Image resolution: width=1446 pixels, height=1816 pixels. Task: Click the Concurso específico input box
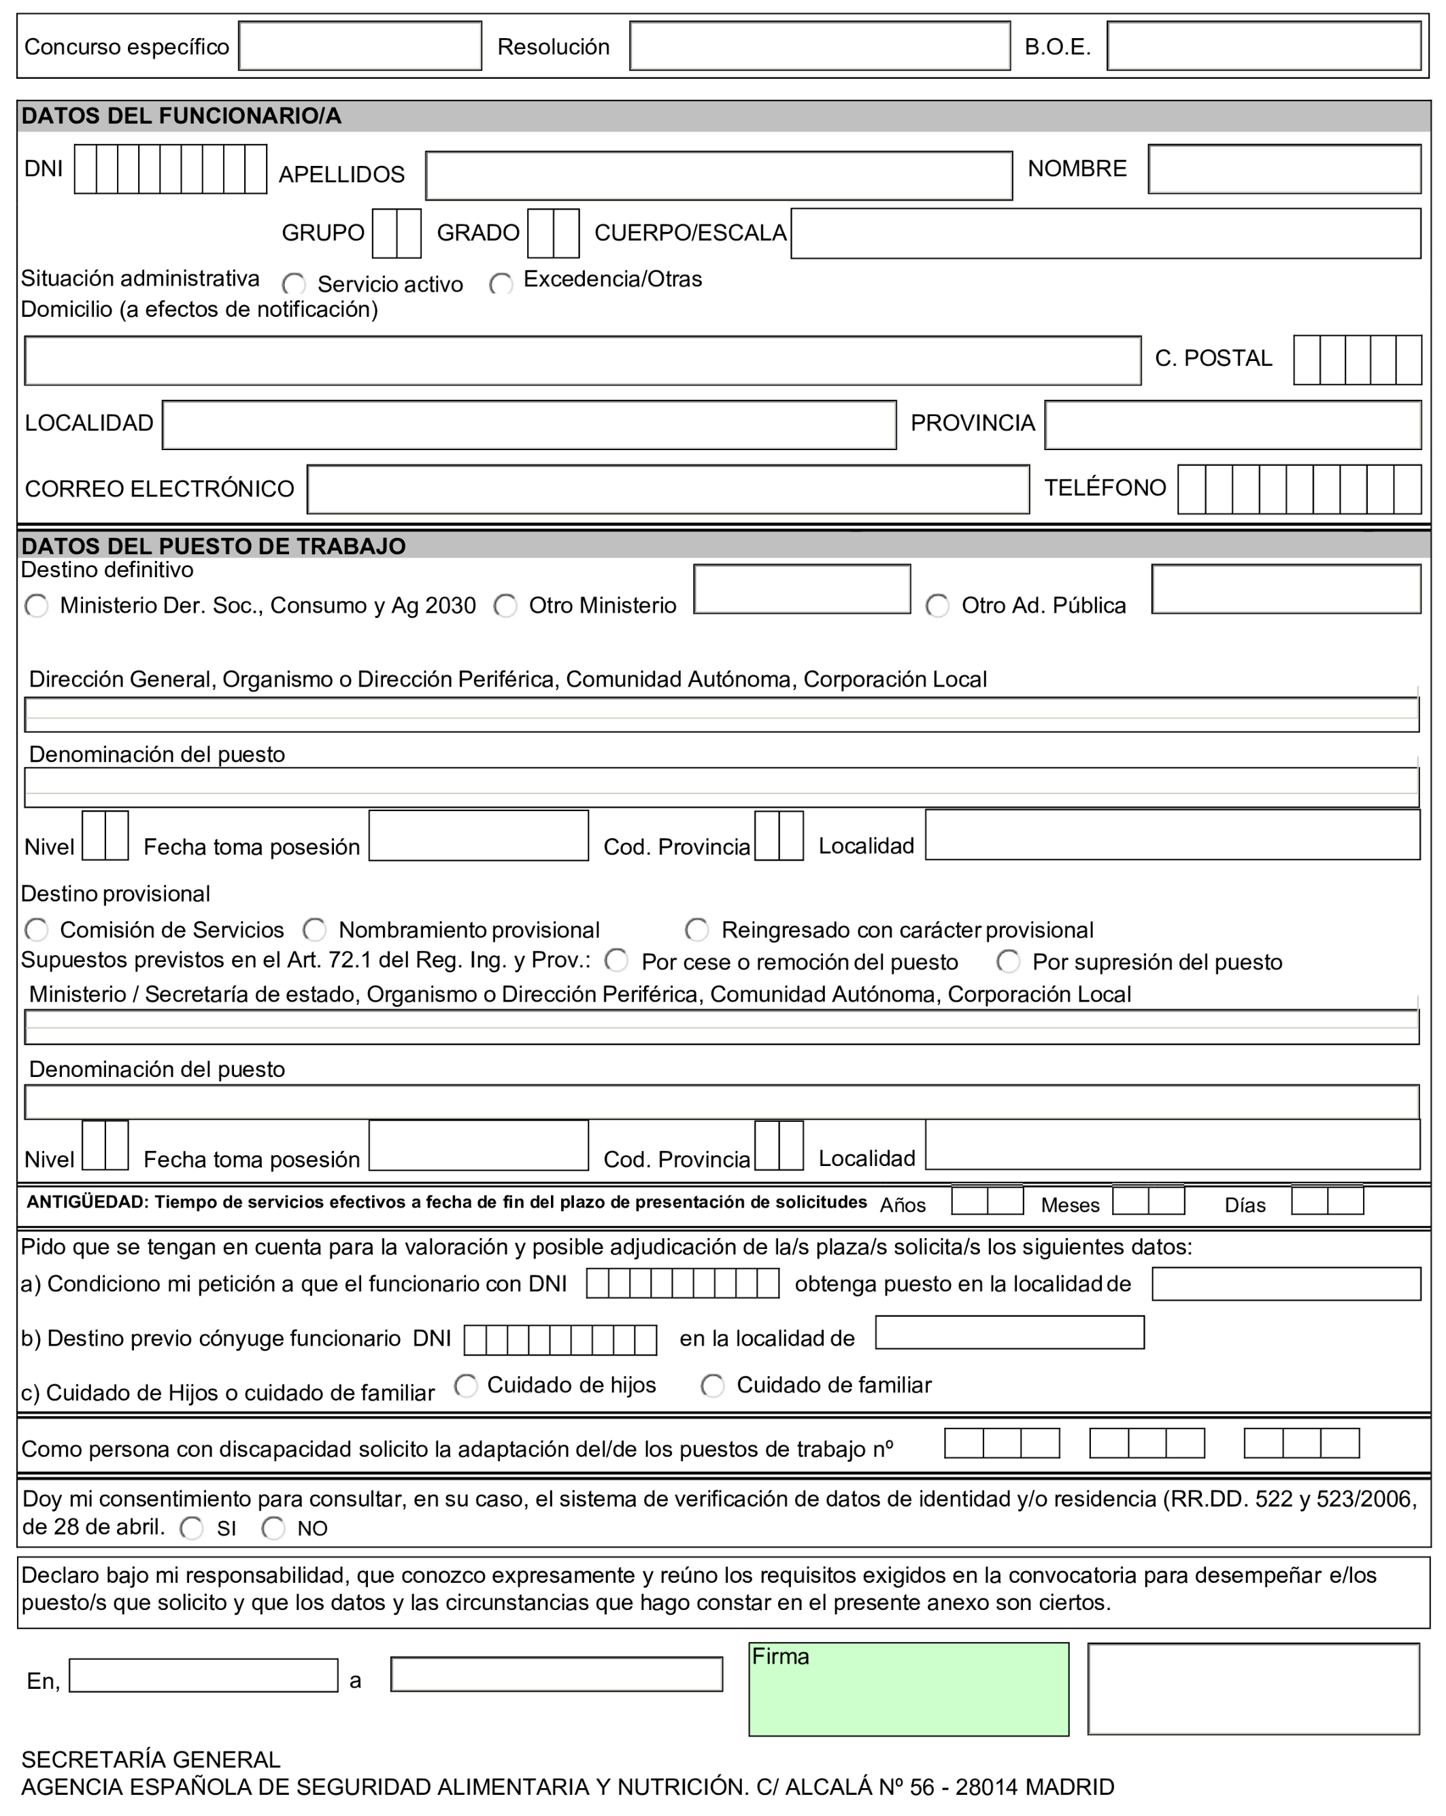pyautogui.click(x=360, y=46)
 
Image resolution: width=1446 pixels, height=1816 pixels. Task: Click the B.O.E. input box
pyautogui.click(x=1263, y=46)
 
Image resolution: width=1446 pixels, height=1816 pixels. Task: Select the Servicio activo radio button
pyautogui.click(x=294, y=284)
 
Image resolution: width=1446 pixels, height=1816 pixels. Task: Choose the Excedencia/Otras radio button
pyautogui.click(x=501, y=284)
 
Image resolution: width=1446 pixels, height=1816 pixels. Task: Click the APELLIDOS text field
pyautogui.click(x=718, y=175)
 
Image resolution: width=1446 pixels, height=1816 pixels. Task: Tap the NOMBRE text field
pyautogui.click(x=1283, y=169)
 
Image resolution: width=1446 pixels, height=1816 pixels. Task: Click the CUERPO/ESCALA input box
pyautogui.click(x=1105, y=233)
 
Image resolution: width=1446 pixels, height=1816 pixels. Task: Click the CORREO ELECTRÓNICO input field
pyautogui.click(x=667, y=490)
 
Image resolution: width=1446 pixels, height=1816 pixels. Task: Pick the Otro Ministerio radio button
pyautogui.click(x=505, y=606)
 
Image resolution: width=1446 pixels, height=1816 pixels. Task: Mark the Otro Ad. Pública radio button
pyautogui.click(x=937, y=606)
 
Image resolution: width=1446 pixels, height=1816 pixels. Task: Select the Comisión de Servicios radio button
pyautogui.click(x=36, y=930)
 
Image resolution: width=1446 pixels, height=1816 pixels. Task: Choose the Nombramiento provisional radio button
pyautogui.click(x=314, y=930)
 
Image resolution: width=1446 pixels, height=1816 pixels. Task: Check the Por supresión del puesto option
pyautogui.click(x=1008, y=961)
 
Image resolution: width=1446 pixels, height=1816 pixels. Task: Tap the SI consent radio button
pyautogui.click(x=191, y=1528)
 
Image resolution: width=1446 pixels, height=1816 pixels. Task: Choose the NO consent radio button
pyautogui.click(x=273, y=1528)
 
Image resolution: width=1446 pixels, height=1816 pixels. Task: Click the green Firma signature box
pyautogui.click(x=909, y=1689)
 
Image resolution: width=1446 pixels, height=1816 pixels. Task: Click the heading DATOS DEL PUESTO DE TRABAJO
pyautogui.click(x=213, y=546)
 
